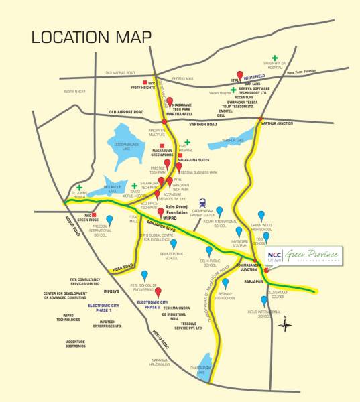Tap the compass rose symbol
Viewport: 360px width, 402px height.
(x=287, y=324)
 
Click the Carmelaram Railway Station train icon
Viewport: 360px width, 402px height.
(x=202, y=203)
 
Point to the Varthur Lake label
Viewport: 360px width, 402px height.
(x=233, y=140)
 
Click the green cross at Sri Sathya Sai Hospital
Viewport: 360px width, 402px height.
(x=274, y=59)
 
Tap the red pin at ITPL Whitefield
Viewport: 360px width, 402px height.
(x=239, y=75)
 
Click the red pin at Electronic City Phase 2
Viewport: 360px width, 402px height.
(x=158, y=292)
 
